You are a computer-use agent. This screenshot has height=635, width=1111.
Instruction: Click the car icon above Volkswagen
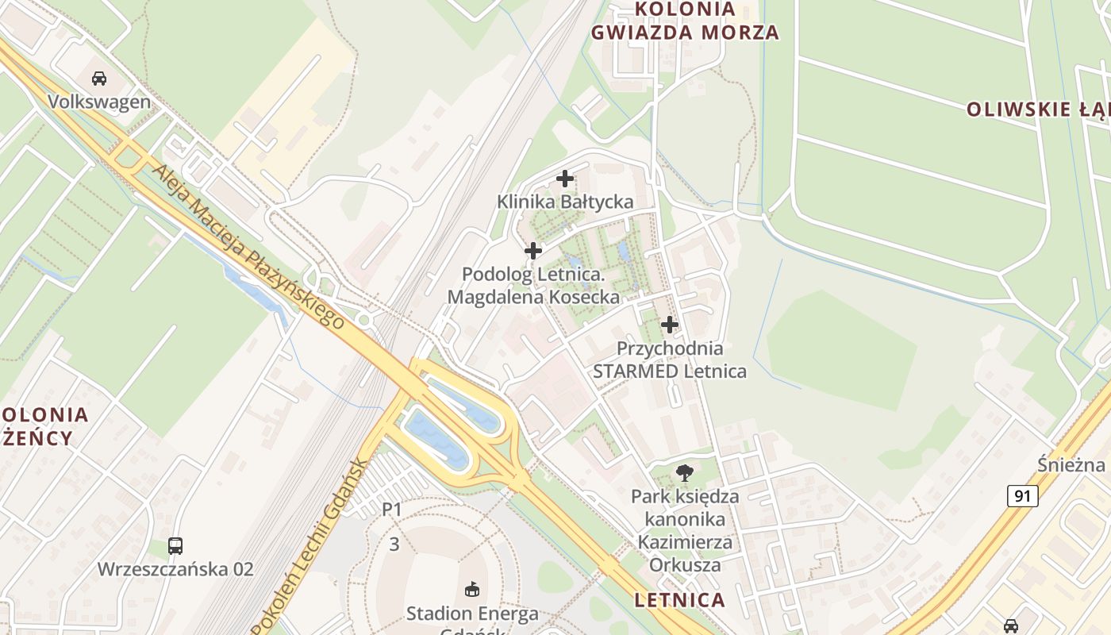point(99,79)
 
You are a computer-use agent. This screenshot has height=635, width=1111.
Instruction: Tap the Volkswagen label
point(99,102)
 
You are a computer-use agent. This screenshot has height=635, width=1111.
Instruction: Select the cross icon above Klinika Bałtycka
point(565,179)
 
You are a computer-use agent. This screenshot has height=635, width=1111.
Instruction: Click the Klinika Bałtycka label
point(565,202)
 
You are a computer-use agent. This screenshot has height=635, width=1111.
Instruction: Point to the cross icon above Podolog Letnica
point(533,251)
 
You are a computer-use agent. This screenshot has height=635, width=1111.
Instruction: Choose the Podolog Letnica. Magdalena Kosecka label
point(533,286)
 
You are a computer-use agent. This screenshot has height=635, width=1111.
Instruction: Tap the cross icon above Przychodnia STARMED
point(670,325)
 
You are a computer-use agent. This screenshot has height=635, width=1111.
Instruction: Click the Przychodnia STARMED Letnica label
point(670,360)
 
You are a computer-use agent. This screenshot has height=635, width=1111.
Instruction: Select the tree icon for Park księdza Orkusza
point(684,474)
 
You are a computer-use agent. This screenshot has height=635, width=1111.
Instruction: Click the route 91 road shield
point(1023,496)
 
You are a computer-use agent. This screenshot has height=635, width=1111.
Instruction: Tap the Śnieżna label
point(1071,464)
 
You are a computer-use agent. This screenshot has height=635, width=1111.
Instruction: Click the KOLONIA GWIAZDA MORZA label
point(684,21)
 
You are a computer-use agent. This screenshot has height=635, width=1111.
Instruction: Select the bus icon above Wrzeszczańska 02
point(175,546)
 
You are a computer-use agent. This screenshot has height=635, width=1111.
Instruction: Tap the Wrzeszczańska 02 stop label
point(175,569)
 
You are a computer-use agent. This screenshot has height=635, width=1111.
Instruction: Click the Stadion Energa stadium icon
point(472,590)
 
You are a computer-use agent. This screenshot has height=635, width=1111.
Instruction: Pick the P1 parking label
point(392,510)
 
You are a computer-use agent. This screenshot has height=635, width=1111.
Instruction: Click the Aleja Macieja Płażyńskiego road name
point(248,247)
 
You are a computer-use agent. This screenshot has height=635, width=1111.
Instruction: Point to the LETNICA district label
point(680,600)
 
